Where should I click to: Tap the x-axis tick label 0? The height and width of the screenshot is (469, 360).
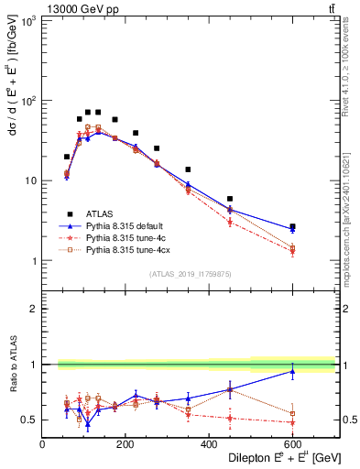pos(42,446)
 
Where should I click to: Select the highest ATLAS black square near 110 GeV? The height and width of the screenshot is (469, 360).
pos(88,112)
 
